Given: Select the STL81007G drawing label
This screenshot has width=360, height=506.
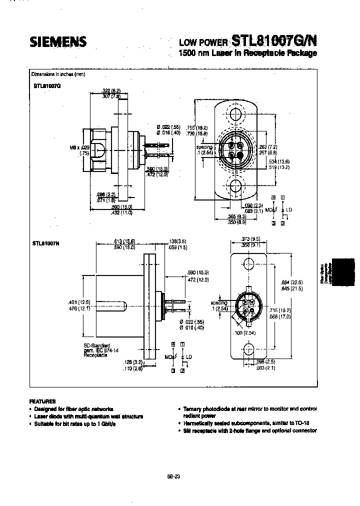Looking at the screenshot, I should click(x=47, y=85).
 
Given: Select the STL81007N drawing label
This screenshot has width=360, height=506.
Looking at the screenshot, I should click(x=47, y=243).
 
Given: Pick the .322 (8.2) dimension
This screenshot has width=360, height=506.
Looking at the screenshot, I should click(x=111, y=89).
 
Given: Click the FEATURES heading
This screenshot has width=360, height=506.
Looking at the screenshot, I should click(x=43, y=401).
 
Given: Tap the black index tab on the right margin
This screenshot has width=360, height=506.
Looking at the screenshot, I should click(x=344, y=272).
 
